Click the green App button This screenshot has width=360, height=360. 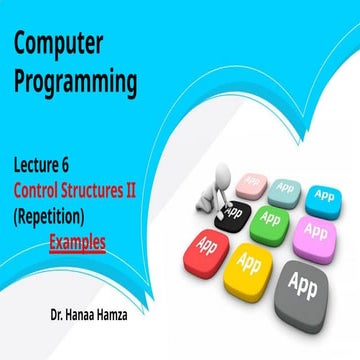click(x=270, y=218)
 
